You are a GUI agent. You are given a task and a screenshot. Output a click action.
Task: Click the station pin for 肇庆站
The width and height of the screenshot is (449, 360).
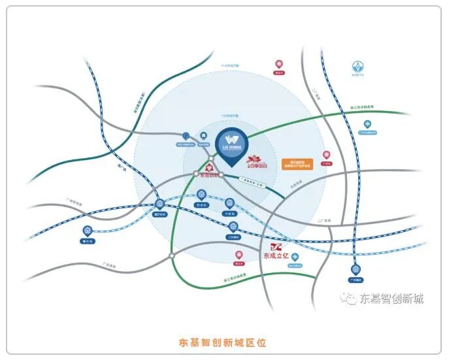88,231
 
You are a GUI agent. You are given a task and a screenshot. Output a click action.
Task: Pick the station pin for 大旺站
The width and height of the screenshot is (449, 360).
229,203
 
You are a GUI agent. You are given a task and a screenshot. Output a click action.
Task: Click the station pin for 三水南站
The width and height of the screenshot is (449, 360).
233,227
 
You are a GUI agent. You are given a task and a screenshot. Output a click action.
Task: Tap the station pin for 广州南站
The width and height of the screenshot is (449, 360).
355,269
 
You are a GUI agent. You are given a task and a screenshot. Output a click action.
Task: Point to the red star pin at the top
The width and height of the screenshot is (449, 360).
279,64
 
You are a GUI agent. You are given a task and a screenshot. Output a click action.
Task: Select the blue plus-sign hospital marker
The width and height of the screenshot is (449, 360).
295,257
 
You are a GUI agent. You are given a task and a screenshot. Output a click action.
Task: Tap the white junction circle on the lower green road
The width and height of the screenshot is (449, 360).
171,256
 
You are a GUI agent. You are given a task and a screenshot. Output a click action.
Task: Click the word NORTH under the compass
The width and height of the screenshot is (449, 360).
358,76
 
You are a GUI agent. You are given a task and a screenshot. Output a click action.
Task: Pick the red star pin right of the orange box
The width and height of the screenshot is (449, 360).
326,156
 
